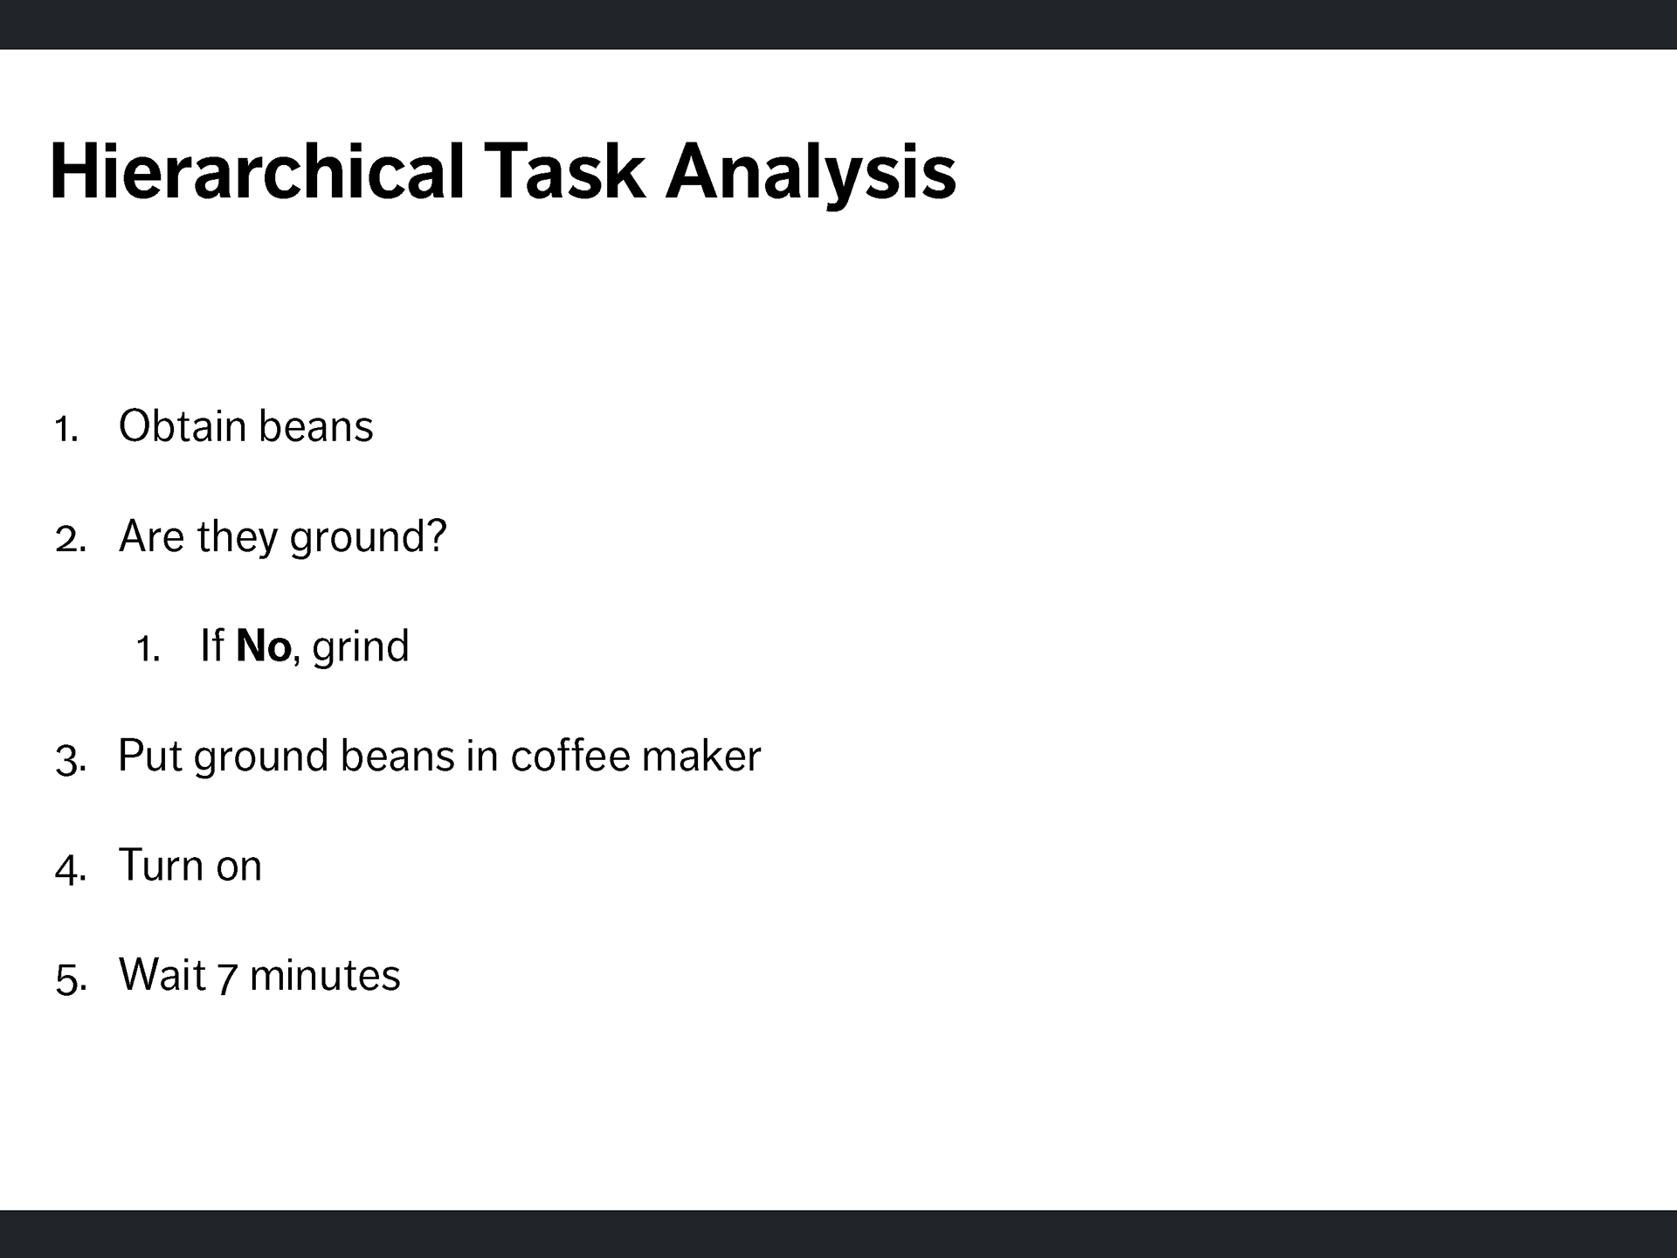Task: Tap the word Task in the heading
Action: (564, 171)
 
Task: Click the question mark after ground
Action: (436, 535)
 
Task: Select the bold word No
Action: (263, 646)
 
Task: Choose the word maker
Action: (702, 756)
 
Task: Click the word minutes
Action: (325, 975)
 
